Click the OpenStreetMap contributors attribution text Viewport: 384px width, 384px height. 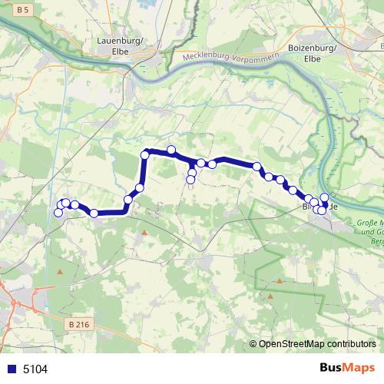click(316, 345)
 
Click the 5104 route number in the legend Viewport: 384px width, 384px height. click(35, 369)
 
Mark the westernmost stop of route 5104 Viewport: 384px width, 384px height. click(58, 212)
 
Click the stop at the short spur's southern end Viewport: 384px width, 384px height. click(190, 180)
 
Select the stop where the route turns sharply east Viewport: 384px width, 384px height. click(144, 156)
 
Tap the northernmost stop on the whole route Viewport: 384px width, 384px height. click(171, 150)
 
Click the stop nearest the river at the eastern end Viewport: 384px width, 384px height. click(325, 197)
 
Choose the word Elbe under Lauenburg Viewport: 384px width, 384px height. click(121, 51)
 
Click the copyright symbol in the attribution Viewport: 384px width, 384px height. click(253, 345)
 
